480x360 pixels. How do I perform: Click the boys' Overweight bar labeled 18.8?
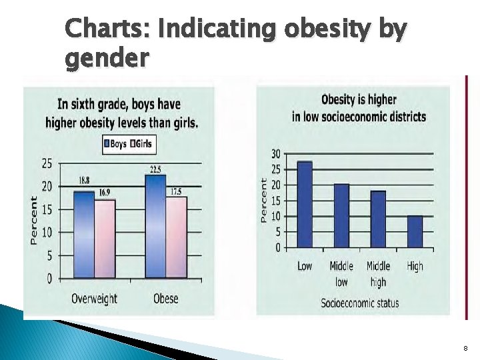point(83,235)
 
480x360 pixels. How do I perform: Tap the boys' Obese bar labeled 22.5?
point(155,227)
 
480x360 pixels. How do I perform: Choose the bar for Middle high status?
point(378,219)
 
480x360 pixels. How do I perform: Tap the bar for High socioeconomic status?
point(415,231)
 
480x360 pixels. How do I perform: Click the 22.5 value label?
point(155,169)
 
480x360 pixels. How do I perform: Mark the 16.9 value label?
point(105,193)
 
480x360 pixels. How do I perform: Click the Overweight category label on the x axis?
point(94,299)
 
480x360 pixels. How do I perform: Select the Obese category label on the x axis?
point(165,299)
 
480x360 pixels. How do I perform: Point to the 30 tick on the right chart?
point(275,153)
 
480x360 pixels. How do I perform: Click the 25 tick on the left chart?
point(47,163)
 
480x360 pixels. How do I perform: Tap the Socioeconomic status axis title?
point(360,303)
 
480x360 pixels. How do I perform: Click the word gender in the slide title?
point(107,60)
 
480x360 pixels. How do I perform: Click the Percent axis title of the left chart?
point(33,220)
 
